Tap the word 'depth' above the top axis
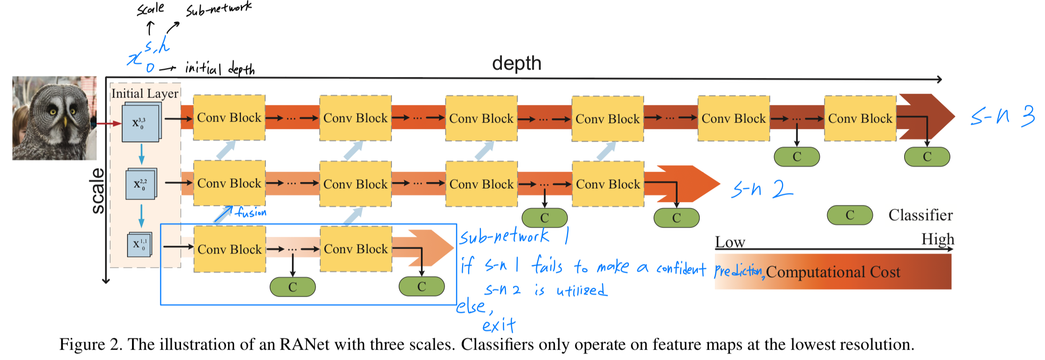pyautogui.click(x=517, y=64)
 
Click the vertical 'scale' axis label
pyautogui.click(x=98, y=191)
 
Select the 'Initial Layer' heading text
pyautogui.click(x=145, y=93)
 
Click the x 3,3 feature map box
pyautogui.click(x=140, y=123)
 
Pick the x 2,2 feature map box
pyautogui.click(x=141, y=184)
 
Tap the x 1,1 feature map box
pyautogui.click(x=140, y=244)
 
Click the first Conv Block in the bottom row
pyautogui.click(x=230, y=249)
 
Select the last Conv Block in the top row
pyautogui.click(x=860, y=119)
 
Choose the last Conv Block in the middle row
pyautogui.click(x=608, y=184)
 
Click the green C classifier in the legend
pyautogui.click(x=850, y=215)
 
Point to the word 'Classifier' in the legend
pyautogui.click(x=920, y=215)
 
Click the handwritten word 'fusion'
pyautogui.click(x=251, y=212)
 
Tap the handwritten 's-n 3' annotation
pyautogui.click(x=1002, y=117)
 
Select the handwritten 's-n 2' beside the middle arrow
pyautogui.click(x=761, y=189)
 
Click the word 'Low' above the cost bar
pyautogui.click(x=730, y=242)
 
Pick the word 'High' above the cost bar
pyautogui.click(x=938, y=239)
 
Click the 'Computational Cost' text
pyautogui.click(x=833, y=272)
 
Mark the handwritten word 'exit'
pyautogui.click(x=498, y=325)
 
